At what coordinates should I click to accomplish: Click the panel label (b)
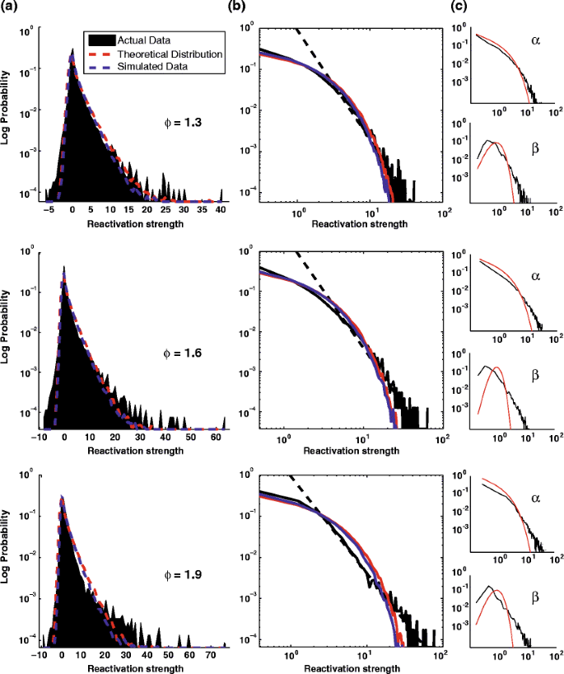point(253,7)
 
